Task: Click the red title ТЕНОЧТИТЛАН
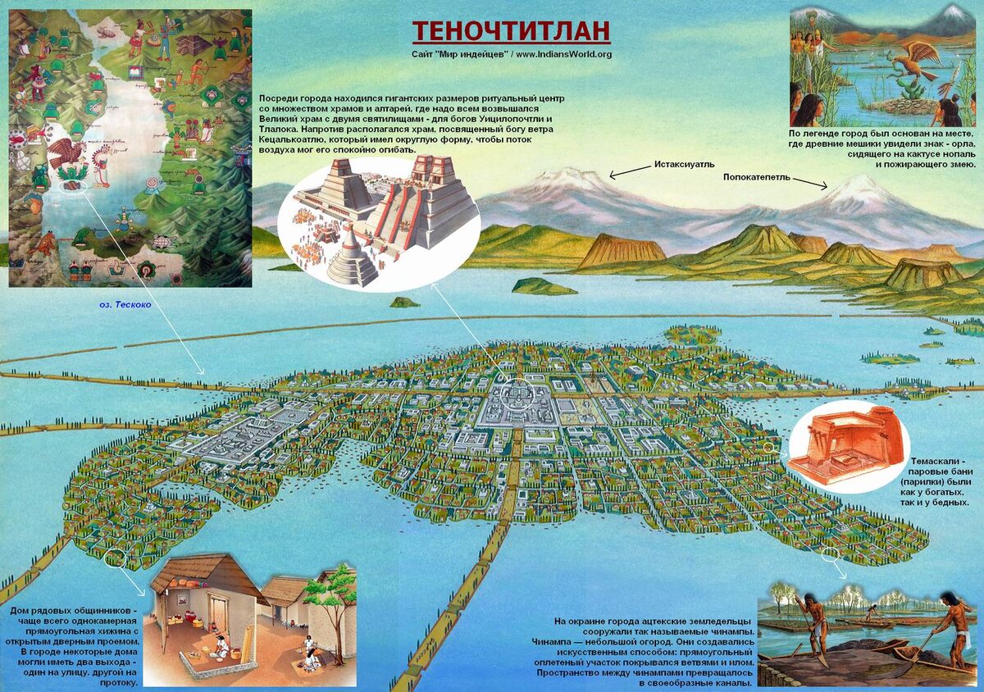click(511, 31)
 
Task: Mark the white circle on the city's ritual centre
click(517, 395)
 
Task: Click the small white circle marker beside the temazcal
click(769, 448)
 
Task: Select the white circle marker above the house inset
click(115, 558)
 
